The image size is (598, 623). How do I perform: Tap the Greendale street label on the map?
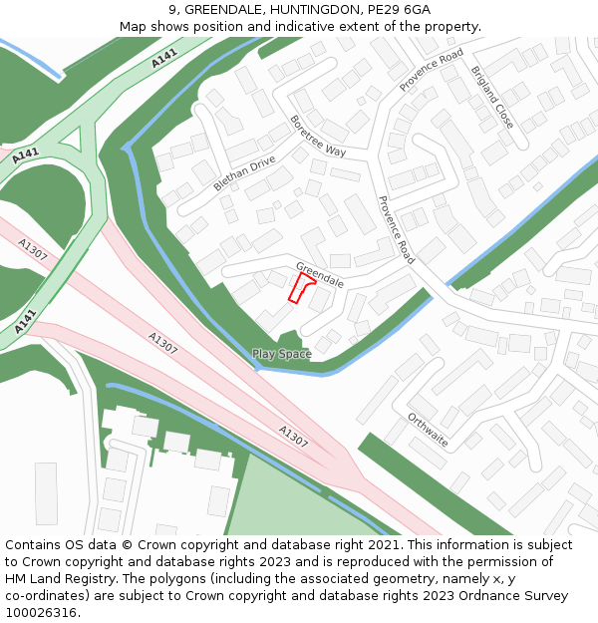(320, 275)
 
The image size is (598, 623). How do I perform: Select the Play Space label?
(281, 354)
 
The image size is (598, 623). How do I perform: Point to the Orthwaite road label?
(428, 430)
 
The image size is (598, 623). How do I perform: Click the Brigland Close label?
(492, 98)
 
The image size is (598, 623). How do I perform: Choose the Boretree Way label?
(318, 136)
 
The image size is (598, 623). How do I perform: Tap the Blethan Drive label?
(244, 172)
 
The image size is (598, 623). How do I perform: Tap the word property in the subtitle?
(450, 26)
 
